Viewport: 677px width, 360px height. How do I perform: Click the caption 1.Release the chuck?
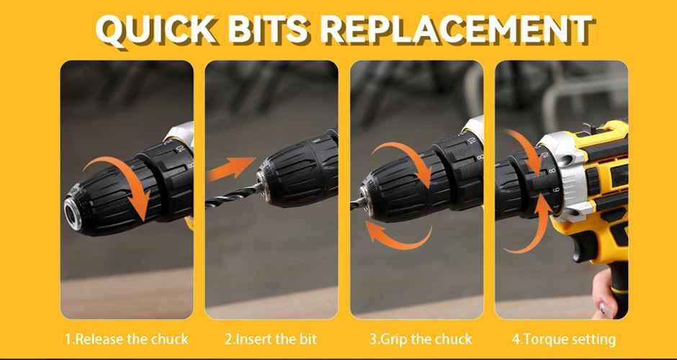pos(127,339)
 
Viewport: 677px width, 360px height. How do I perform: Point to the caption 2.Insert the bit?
pos(271,339)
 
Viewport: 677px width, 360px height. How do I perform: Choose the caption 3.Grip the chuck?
pos(421,339)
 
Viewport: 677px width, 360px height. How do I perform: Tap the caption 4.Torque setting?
pos(564,339)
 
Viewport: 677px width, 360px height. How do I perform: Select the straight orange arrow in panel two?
pos(231,168)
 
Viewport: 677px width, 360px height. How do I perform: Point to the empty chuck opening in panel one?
pos(72,213)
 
